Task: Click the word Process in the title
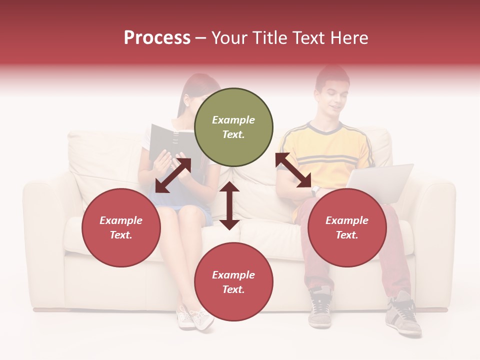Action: [x=157, y=38]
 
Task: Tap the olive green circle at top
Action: [x=233, y=127]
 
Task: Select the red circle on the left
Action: [x=121, y=227]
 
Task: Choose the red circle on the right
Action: [x=347, y=227]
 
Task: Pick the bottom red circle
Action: [x=233, y=282]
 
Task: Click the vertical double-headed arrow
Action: [x=229, y=205]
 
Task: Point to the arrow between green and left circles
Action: [x=173, y=175]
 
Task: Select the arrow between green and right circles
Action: [x=293, y=170]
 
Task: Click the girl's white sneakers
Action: [x=195, y=317]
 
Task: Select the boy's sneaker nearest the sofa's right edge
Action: [x=403, y=315]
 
